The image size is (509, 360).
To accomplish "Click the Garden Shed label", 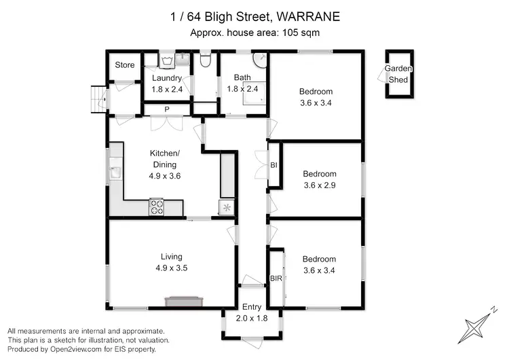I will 398,74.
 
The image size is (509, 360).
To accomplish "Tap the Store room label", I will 124,65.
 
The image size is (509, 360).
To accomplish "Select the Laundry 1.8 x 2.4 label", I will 166,84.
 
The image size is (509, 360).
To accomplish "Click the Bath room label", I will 242,77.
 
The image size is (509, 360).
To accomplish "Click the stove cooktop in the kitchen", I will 157,206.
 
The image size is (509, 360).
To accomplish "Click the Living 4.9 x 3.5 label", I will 172,262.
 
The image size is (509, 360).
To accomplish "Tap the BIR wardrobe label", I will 276,279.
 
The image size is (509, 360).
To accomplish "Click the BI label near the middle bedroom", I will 274,165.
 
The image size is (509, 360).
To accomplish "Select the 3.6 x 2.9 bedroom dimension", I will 319,184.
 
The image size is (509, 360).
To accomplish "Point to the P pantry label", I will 166,109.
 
